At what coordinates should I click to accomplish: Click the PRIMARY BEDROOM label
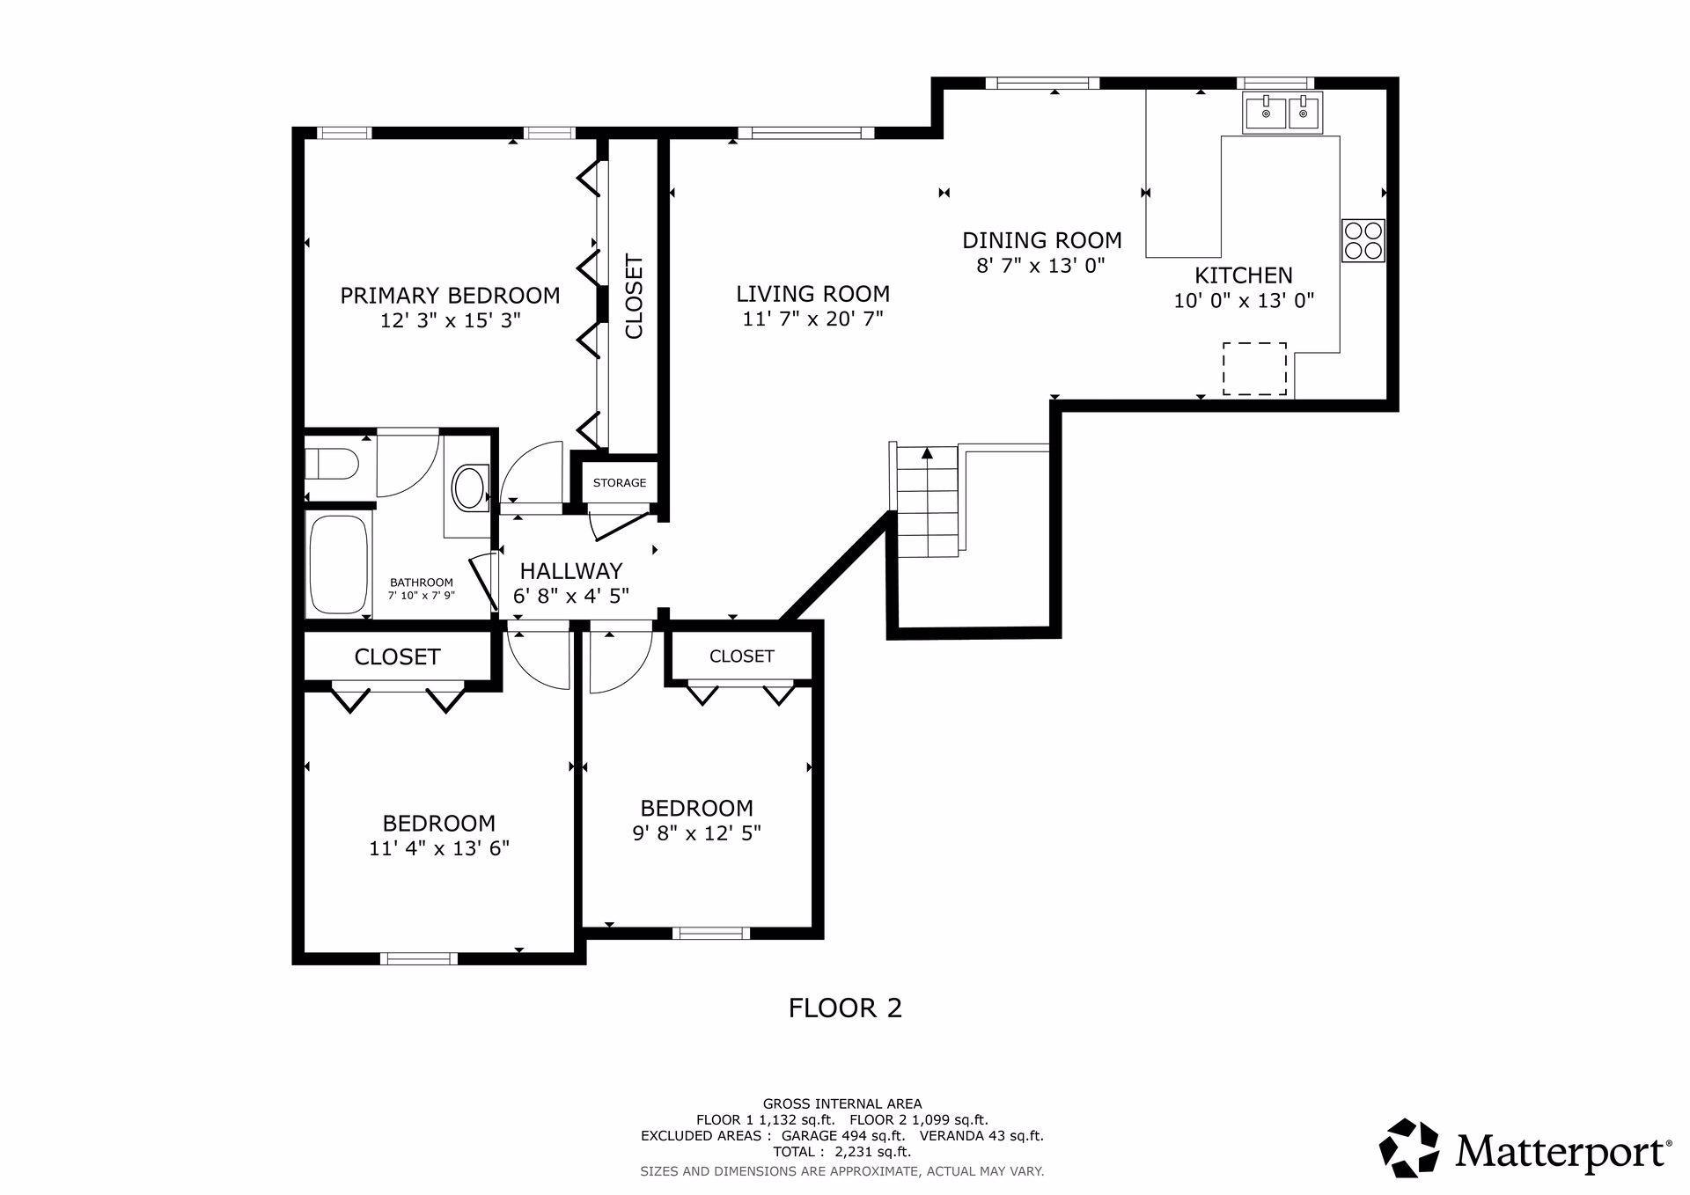[x=450, y=295]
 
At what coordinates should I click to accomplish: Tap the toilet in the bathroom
[x=332, y=464]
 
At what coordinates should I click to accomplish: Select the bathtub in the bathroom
[x=339, y=565]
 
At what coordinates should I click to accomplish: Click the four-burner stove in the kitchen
[x=1363, y=240]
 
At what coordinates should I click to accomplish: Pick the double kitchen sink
[x=1282, y=114]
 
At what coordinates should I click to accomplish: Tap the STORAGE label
[x=620, y=482]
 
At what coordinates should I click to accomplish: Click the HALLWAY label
[x=571, y=570]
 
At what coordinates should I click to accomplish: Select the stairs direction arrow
[x=927, y=454]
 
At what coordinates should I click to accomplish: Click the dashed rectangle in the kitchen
[x=1254, y=369]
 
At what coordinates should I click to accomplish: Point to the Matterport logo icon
[x=1408, y=1147]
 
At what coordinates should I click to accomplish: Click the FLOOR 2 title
[x=845, y=1008]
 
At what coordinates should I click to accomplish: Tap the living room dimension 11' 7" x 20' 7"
[x=812, y=319]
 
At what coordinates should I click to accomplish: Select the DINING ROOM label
[x=1042, y=240]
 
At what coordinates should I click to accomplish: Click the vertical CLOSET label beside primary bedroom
[x=634, y=297]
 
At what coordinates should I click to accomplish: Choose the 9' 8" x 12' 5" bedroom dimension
[x=696, y=832]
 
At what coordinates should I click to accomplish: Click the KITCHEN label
[x=1244, y=275]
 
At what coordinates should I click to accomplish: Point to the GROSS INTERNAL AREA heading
[x=842, y=1103]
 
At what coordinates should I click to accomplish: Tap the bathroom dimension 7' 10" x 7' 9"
[x=422, y=596]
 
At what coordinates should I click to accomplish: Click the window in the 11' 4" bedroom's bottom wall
[x=418, y=958]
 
